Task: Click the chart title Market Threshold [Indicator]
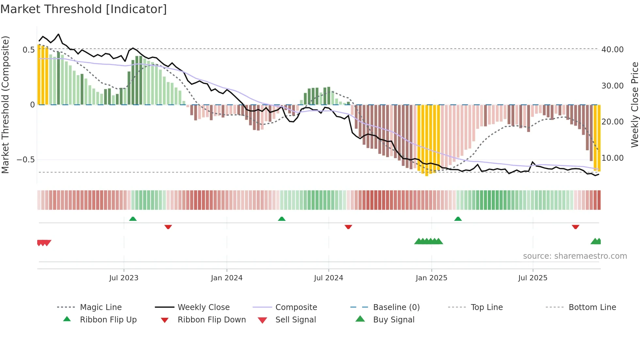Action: [x=84, y=9]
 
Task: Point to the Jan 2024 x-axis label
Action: [x=227, y=278]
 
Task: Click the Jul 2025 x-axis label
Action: [x=533, y=278]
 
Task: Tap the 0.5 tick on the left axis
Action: [x=28, y=50]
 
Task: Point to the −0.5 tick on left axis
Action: [x=26, y=160]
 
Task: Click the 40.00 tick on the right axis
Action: [x=612, y=50]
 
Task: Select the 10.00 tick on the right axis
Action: [x=612, y=158]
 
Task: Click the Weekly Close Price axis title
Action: [x=634, y=105]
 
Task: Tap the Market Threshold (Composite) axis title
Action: [x=5, y=105]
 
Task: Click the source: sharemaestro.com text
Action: [x=575, y=256]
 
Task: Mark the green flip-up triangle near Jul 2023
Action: [x=133, y=219]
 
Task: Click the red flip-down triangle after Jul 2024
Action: [x=348, y=227]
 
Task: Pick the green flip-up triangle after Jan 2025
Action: [x=458, y=219]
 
